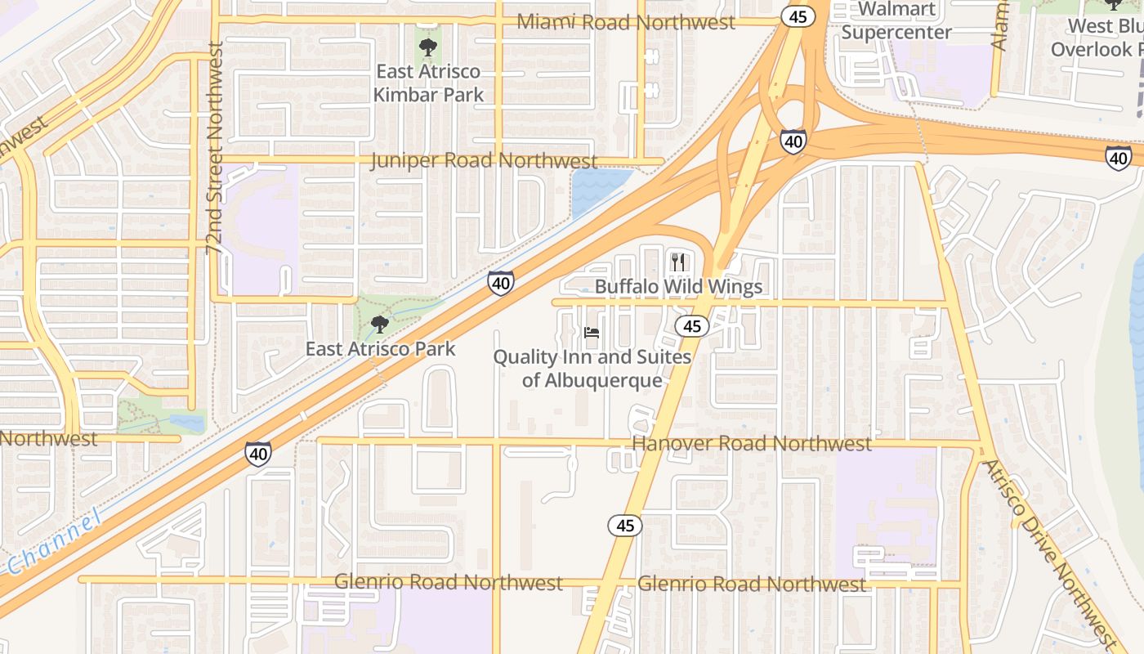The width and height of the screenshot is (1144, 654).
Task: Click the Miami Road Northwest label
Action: (627, 22)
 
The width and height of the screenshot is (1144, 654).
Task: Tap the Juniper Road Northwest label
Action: (484, 160)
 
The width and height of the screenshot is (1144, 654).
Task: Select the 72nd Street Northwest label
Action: (216, 148)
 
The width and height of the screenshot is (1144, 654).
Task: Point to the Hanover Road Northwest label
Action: (752, 443)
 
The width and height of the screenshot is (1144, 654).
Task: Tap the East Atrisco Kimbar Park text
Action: (428, 83)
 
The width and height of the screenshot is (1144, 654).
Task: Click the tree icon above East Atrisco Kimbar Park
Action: (427, 47)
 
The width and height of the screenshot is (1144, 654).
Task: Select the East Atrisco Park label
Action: (380, 349)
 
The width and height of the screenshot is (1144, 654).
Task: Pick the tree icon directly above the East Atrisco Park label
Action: (379, 325)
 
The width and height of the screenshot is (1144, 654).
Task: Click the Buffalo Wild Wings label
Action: (678, 286)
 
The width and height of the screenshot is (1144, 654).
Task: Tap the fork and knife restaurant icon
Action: (677, 262)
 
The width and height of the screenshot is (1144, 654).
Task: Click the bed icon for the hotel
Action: (592, 332)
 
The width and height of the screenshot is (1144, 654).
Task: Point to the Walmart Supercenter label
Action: (896, 21)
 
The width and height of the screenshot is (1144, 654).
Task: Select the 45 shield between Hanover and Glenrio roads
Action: (625, 525)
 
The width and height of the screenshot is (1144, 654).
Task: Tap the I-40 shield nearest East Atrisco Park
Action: (501, 283)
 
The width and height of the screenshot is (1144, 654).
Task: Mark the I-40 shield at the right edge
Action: (1119, 157)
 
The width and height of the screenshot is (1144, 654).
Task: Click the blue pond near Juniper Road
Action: (598, 191)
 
